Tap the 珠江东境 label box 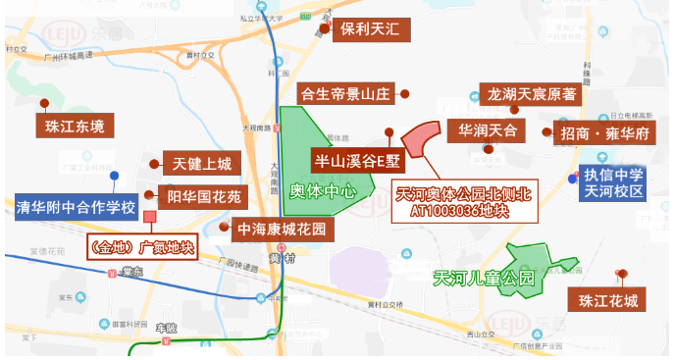click(x=74, y=127)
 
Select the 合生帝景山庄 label click(x=345, y=95)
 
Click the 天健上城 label click(x=201, y=164)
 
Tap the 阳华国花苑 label click(x=203, y=197)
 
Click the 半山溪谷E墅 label click(x=358, y=158)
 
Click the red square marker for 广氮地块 click(x=149, y=216)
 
